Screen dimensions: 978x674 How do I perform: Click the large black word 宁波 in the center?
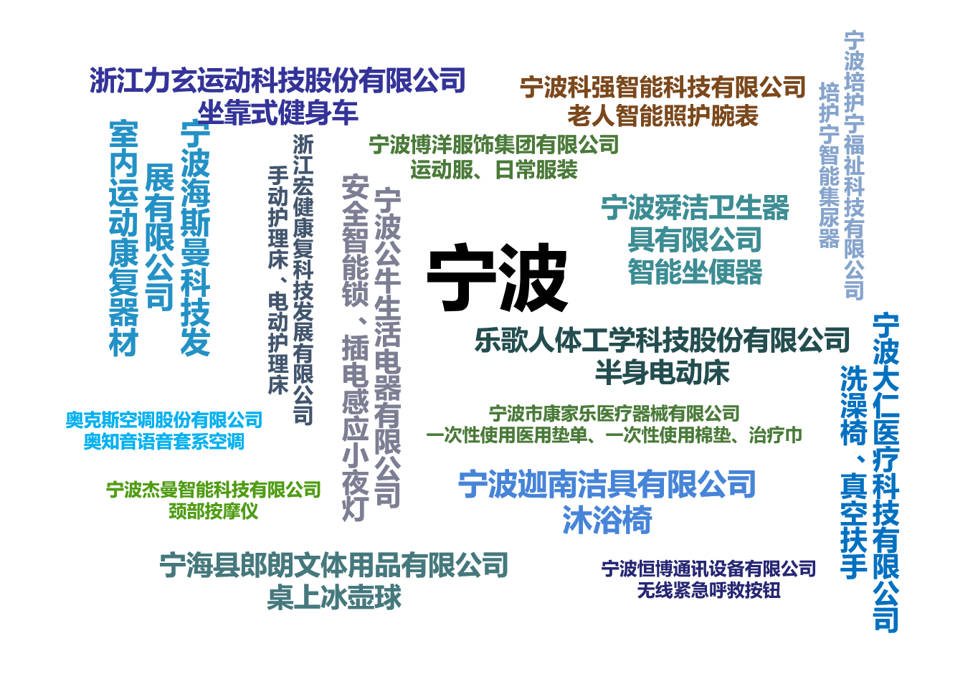point(497,277)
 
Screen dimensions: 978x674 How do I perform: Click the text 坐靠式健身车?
point(278,113)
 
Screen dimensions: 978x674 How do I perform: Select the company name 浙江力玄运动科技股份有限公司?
point(277,80)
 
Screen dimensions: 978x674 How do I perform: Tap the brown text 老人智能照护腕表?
point(663,117)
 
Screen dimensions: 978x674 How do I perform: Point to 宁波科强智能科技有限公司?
point(663,87)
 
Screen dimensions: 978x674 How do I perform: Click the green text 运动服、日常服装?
point(494,169)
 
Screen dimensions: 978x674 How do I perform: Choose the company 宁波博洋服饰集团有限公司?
point(494,145)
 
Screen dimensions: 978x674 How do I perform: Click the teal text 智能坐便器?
point(695,272)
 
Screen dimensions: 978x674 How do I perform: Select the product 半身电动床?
point(663,372)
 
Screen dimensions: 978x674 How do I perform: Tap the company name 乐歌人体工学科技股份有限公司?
point(663,340)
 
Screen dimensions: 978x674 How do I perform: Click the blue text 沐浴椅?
point(607,520)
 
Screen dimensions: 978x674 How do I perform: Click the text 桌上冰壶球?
point(334,597)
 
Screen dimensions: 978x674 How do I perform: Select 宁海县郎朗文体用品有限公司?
point(334,565)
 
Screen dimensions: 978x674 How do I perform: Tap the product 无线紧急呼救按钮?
point(708,591)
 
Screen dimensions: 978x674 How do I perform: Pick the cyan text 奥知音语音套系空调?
point(163,442)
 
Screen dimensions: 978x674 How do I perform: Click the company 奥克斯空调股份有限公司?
point(163,420)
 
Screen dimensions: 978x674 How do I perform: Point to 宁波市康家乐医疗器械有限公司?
point(614,414)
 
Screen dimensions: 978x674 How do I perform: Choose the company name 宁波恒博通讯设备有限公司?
point(708,569)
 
